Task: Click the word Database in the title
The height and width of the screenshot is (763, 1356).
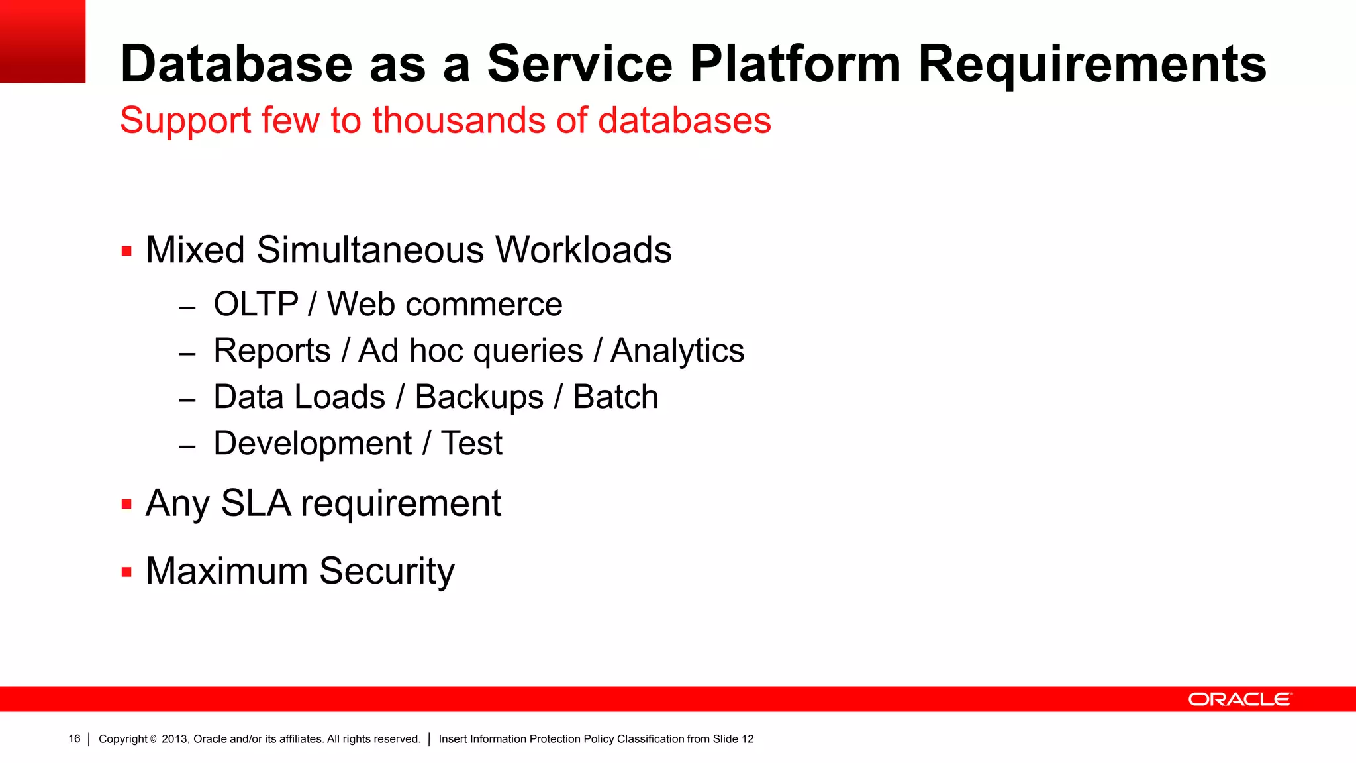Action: coord(236,64)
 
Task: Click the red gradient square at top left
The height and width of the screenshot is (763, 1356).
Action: coord(42,41)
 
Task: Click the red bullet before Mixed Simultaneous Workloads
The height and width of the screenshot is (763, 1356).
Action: coord(126,251)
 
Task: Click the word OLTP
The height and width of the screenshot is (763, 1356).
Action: coord(256,305)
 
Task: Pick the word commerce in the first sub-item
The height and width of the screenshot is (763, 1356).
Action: coord(483,305)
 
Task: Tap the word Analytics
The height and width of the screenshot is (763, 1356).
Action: coord(677,351)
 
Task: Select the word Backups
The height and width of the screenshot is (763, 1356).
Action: coord(479,397)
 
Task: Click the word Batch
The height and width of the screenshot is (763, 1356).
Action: coord(615,397)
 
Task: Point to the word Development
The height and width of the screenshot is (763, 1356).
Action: coord(313,444)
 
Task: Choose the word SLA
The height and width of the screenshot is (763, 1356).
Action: coord(256,503)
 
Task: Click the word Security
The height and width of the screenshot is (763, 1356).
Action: coord(387,571)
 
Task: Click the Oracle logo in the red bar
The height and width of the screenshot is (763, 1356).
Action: coord(1239,699)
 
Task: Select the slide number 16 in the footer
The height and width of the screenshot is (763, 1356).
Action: coord(74,739)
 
